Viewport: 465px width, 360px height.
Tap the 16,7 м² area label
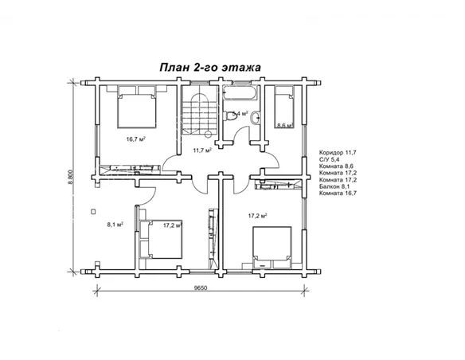pyautogui.click(x=135, y=139)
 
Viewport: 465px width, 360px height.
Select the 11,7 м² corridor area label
pyautogui.click(x=202, y=150)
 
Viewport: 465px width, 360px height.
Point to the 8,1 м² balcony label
pyautogui.click(x=115, y=225)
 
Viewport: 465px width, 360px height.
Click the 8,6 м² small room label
pyautogui.click(x=283, y=125)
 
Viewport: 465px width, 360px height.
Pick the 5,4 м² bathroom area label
pyautogui.click(x=240, y=114)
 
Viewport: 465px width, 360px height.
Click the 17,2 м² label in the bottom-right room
pyautogui.click(x=256, y=216)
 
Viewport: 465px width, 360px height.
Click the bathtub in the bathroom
pyautogui.click(x=240, y=96)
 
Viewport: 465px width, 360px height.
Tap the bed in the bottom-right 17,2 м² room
pyautogui.click(x=271, y=245)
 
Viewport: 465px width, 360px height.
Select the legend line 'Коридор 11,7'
pyautogui.click(x=338, y=151)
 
